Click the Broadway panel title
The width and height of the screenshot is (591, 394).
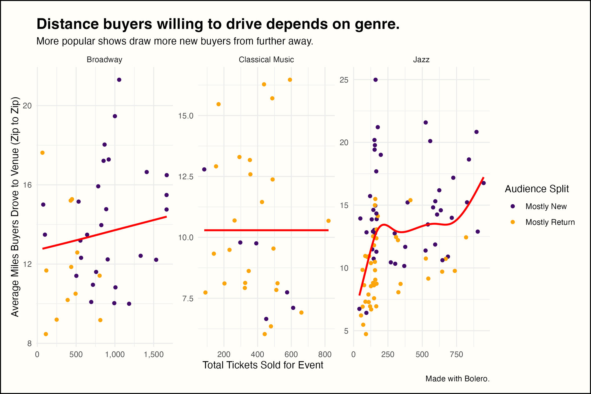coord(104,60)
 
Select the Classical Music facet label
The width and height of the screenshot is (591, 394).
coord(266,60)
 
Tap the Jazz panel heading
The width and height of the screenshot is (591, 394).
coord(421,60)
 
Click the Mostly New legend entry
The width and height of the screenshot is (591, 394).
coord(546,207)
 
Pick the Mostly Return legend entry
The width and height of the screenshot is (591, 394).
coord(550,222)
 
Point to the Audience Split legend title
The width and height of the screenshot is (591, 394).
coord(537,189)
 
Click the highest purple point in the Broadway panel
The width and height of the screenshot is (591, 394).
coord(119,80)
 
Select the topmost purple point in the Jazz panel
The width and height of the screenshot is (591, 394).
coord(375,80)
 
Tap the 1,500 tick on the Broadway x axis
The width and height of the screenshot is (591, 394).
coord(154,355)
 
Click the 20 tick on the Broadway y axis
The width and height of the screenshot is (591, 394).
coord(27,106)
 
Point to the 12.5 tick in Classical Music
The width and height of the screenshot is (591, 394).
coord(185,176)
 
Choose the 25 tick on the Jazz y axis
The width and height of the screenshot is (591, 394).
coord(344,80)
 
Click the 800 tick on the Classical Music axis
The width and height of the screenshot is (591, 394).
coord(325,355)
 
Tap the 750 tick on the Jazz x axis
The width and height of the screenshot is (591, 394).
coord(456,355)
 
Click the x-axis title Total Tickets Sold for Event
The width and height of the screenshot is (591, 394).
coord(262,365)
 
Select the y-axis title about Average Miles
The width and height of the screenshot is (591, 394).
coord(15,206)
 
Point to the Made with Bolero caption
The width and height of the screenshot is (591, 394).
coord(457,379)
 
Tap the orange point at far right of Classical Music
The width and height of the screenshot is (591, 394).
coord(328,221)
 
